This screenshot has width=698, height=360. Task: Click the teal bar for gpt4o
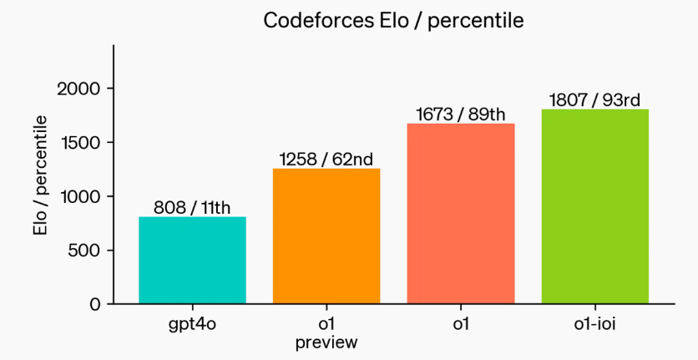pyautogui.click(x=192, y=260)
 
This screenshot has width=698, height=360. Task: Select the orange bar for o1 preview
pyautogui.click(x=326, y=236)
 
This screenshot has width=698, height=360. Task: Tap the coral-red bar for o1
pyautogui.click(x=461, y=213)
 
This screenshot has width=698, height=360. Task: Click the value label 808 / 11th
pyautogui.click(x=192, y=207)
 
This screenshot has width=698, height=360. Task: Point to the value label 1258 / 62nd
pyautogui.click(x=326, y=159)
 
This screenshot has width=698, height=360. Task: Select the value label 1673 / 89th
pyautogui.click(x=461, y=114)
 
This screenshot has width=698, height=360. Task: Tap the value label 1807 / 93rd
pyautogui.click(x=595, y=100)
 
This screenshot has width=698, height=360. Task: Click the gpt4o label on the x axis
pyautogui.click(x=192, y=324)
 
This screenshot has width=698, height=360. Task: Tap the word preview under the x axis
pyautogui.click(x=326, y=342)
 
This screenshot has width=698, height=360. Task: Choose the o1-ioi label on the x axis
pyautogui.click(x=595, y=324)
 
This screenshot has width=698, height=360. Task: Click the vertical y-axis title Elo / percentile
pyautogui.click(x=40, y=175)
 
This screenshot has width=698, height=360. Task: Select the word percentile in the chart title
pyautogui.click(x=480, y=20)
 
